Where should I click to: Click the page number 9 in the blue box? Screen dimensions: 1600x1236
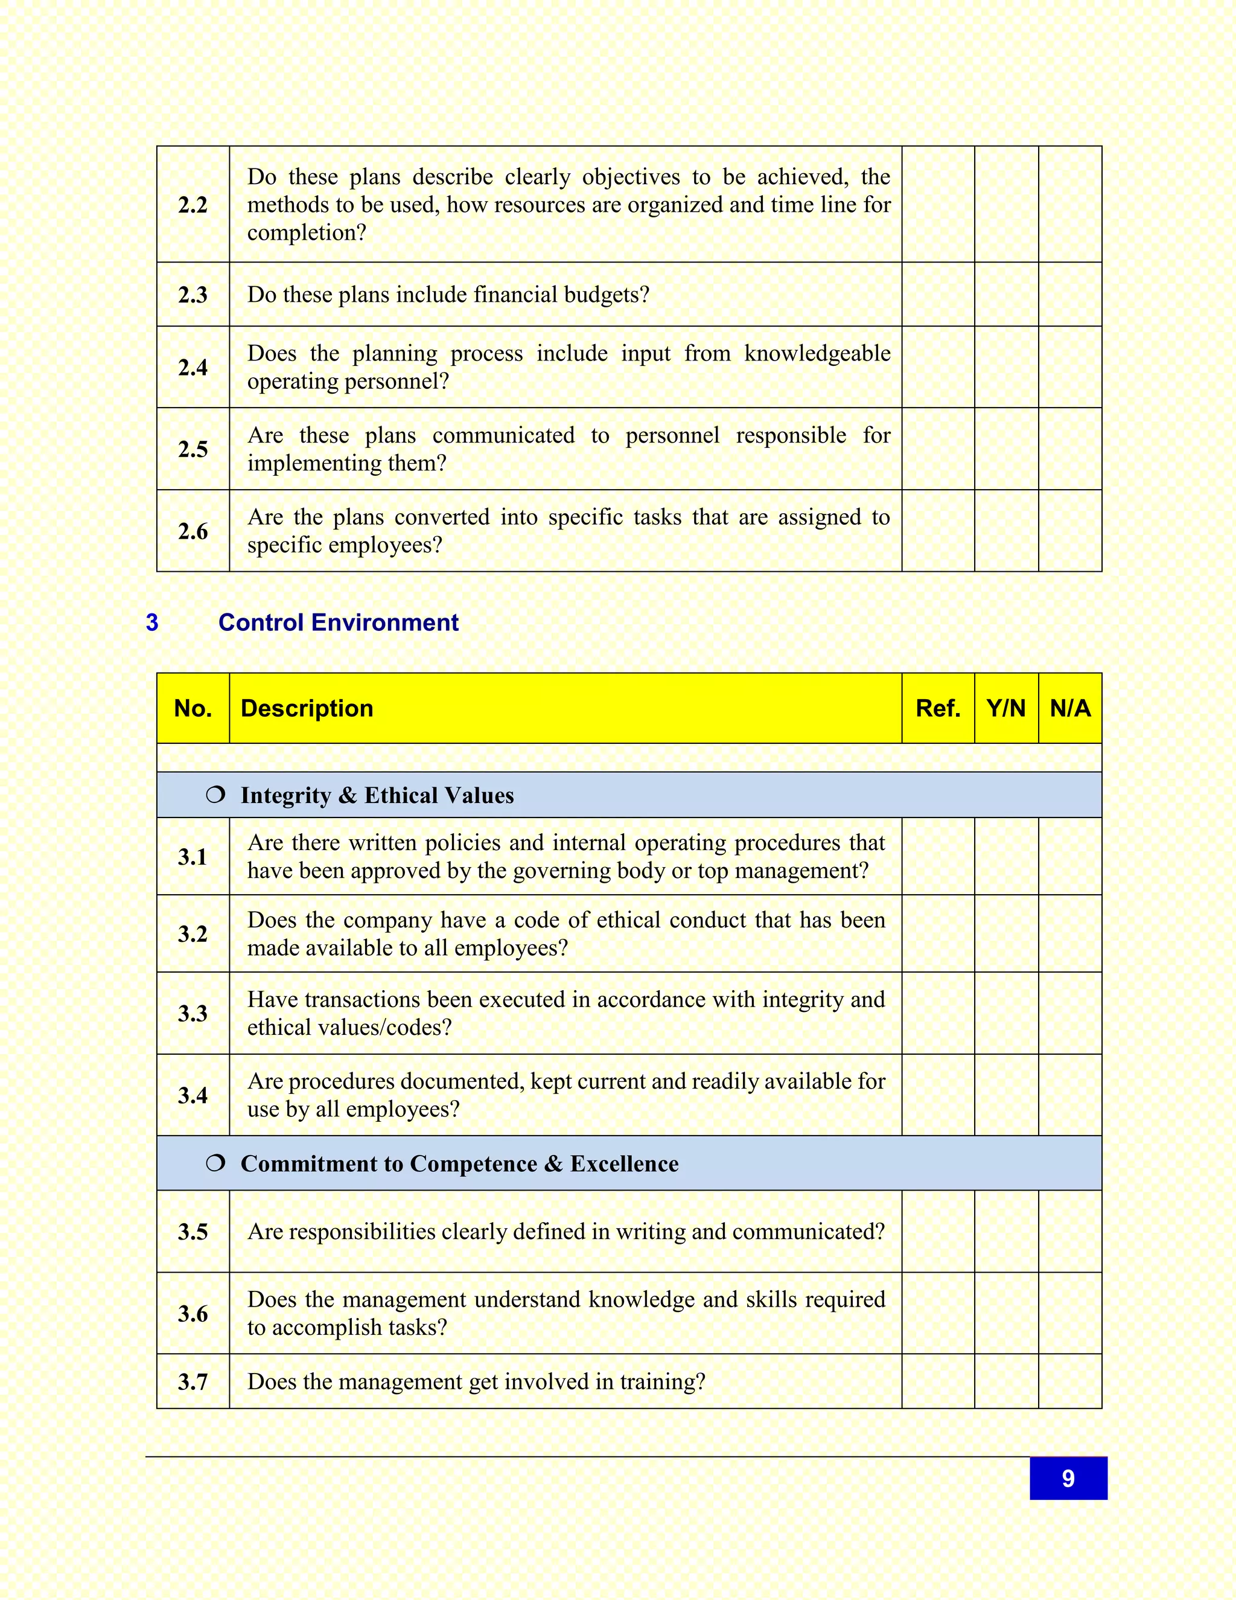pyautogui.click(x=1068, y=1479)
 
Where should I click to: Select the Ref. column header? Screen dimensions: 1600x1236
pyautogui.click(x=937, y=708)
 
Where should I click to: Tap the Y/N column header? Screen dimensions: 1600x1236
pyautogui.click(x=1005, y=708)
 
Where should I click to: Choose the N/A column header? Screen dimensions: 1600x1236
pyautogui.click(x=1070, y=708)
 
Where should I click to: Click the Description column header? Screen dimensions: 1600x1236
pyautogui.click(x=307, y=708)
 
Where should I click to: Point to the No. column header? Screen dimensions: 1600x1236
pyautogui.click(x=193, y=708)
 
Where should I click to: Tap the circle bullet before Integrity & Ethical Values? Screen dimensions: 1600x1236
pyautogui.click(x=215, y=795)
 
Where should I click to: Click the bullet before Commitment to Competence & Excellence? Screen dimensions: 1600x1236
pyautogui.click(x=215, y=1163)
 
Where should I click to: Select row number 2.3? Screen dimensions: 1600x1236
pyautogui.click(x=193, y=295)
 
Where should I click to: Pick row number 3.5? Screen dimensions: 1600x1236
pyautogui.click(x=193, y=1232)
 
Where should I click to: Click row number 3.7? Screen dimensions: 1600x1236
pyautogui.click(x=193, y=1381)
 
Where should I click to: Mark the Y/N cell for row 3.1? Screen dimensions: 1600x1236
pyautogui.click(x=1005, y=856)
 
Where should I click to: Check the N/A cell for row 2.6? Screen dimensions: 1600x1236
pyautogui.click(x=1070, y=531)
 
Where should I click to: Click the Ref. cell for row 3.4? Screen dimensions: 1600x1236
pyautogui.click(x=937, y=1095)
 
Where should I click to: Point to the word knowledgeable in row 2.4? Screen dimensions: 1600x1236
pyautogui.click(x=817, y=354)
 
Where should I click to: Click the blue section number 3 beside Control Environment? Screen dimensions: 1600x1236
pyautogui.click(x=152, y=622)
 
